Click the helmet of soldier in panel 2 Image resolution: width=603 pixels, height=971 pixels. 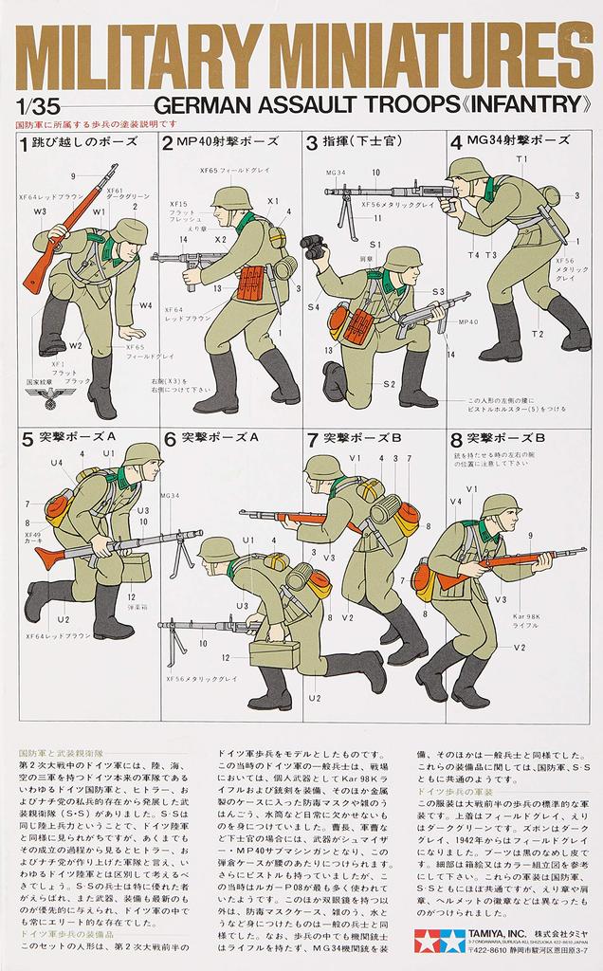click(231, 198)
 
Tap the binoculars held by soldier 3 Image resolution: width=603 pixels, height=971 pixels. click(313, 247)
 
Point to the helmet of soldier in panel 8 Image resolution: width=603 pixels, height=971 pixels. click(500, 505)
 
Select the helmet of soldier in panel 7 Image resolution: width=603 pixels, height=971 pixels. click(323, 467)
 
